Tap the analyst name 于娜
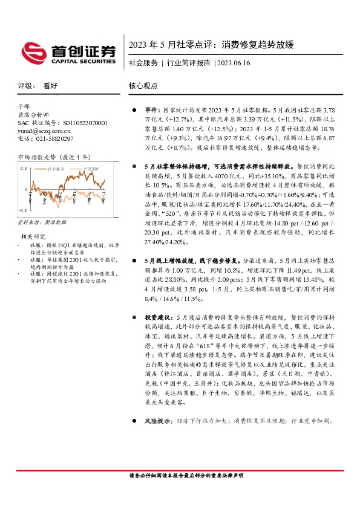(x=24, y=106)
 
